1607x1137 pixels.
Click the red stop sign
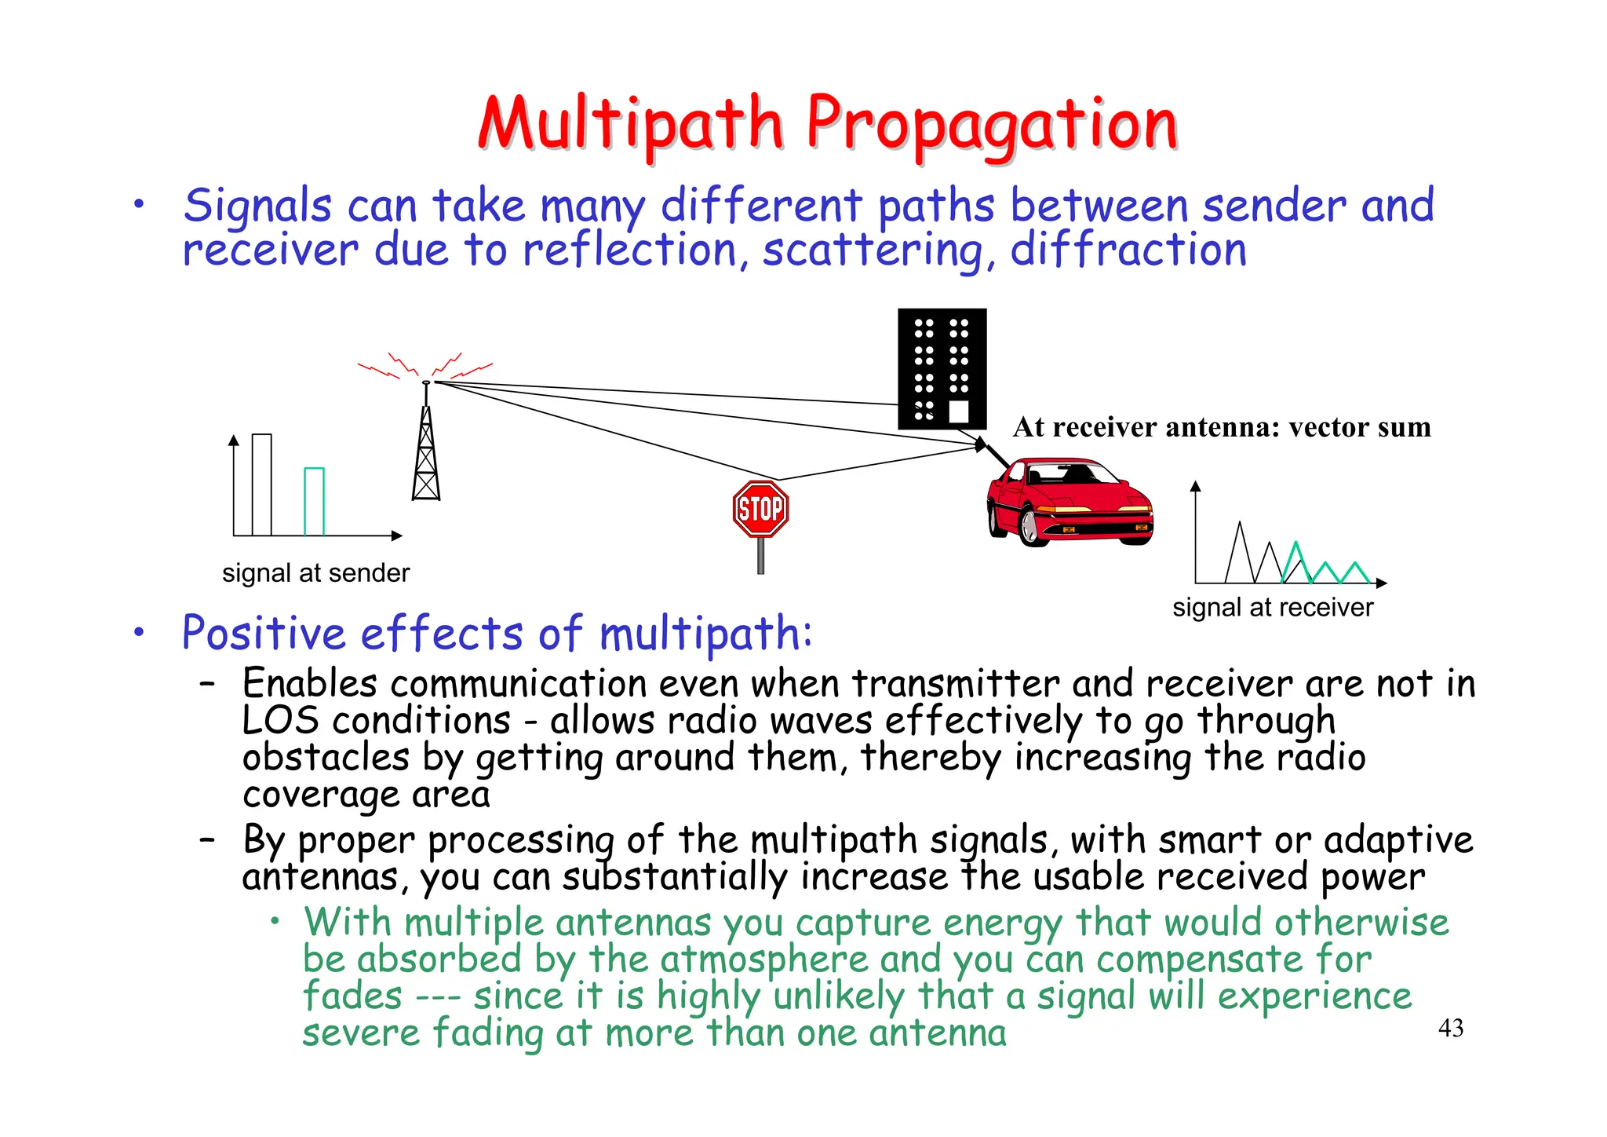coord(760,509)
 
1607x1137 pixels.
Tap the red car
coord(1070,503)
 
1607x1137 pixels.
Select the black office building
coord(942,368)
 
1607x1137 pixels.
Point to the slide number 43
coord(1451,1028)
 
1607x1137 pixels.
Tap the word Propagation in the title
coord(992,126)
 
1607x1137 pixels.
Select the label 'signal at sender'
coord(315,573)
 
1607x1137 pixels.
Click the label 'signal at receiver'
coord(1273,608)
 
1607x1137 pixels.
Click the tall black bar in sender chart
coord(262,484)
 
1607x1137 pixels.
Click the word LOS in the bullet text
coord(280,721)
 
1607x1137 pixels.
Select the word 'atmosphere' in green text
coord(764,960)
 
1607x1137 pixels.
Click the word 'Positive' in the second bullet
coord(264,633)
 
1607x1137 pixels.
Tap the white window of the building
coord(959,411)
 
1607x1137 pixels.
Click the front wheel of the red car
coord(1033,527)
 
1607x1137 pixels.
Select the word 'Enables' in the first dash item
coord(309,683)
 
